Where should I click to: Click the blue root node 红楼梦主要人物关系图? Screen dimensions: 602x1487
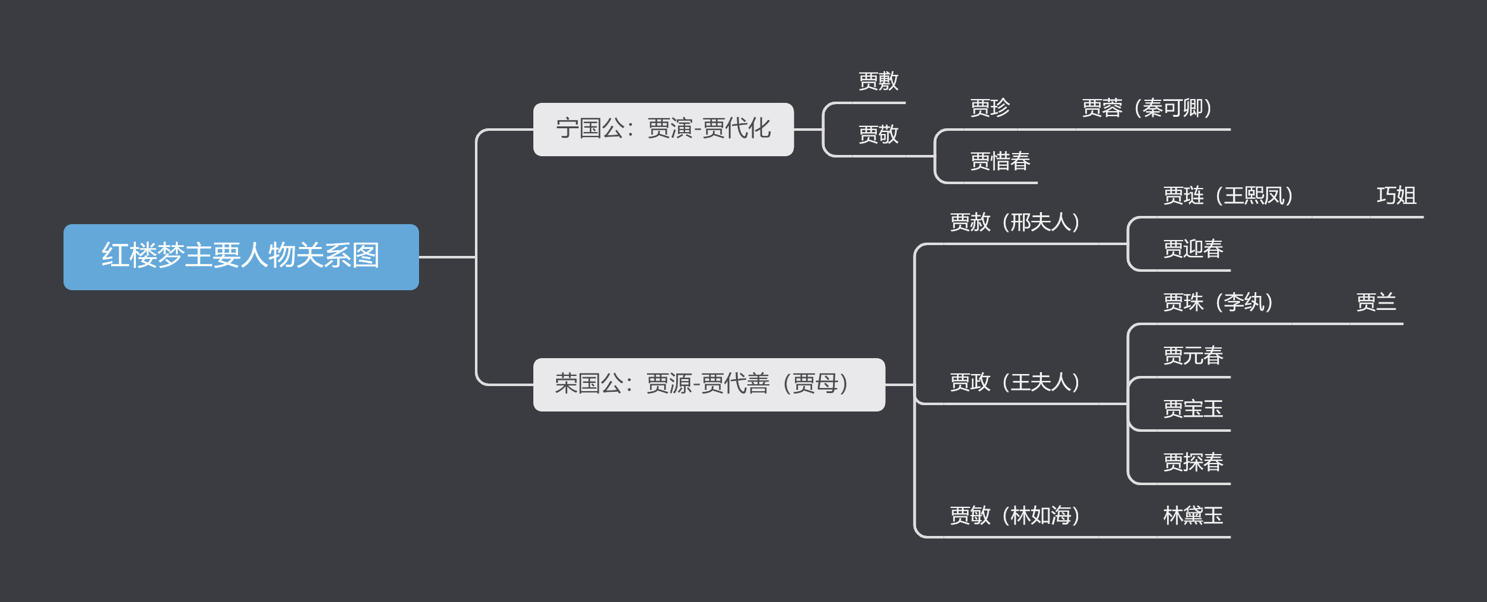click(x=241, y=257)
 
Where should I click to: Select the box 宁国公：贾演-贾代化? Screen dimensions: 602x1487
click(x=663, y=129)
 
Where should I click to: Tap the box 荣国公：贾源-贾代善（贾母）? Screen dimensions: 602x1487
click(x=709, y=384)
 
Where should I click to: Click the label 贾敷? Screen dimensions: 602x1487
click(x=878, y=81)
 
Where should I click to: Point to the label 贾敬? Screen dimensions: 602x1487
click(x=878, y=135)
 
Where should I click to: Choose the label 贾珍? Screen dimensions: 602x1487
click(x=990, y=108)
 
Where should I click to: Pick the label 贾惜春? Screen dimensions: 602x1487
click(x=1000, y=161)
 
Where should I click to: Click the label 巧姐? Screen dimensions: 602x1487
click(x=1396, y=196)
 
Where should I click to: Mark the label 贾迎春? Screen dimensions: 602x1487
click(x=1193, y=249)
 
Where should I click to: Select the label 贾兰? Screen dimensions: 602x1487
click(x=1376, y=302)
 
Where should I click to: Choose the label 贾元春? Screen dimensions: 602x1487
click(x=1193, y=356)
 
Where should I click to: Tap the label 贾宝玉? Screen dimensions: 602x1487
click(x=1193, y=409)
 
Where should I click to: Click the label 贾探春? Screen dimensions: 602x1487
click(x=1193, y=462)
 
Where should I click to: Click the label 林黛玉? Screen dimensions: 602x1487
click(x=1193, y=516)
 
